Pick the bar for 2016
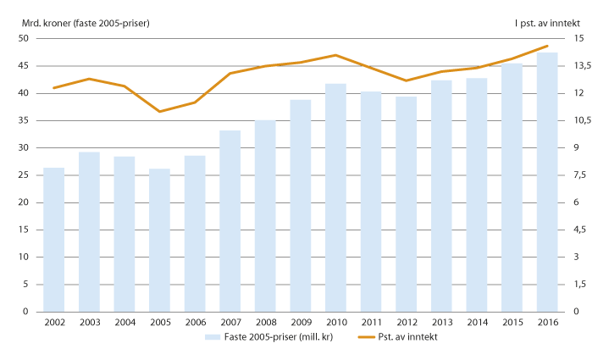pos(547,182)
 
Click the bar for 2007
pos(230,221)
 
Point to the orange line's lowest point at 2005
pos(159,111)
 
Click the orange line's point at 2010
pos(336,55)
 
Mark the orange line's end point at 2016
pos(547,46)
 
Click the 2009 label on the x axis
pos(301,323)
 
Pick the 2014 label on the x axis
pos(477,323)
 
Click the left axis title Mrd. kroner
pos(80,23)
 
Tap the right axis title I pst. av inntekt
pos(551,23)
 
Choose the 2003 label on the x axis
pos(89,323)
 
